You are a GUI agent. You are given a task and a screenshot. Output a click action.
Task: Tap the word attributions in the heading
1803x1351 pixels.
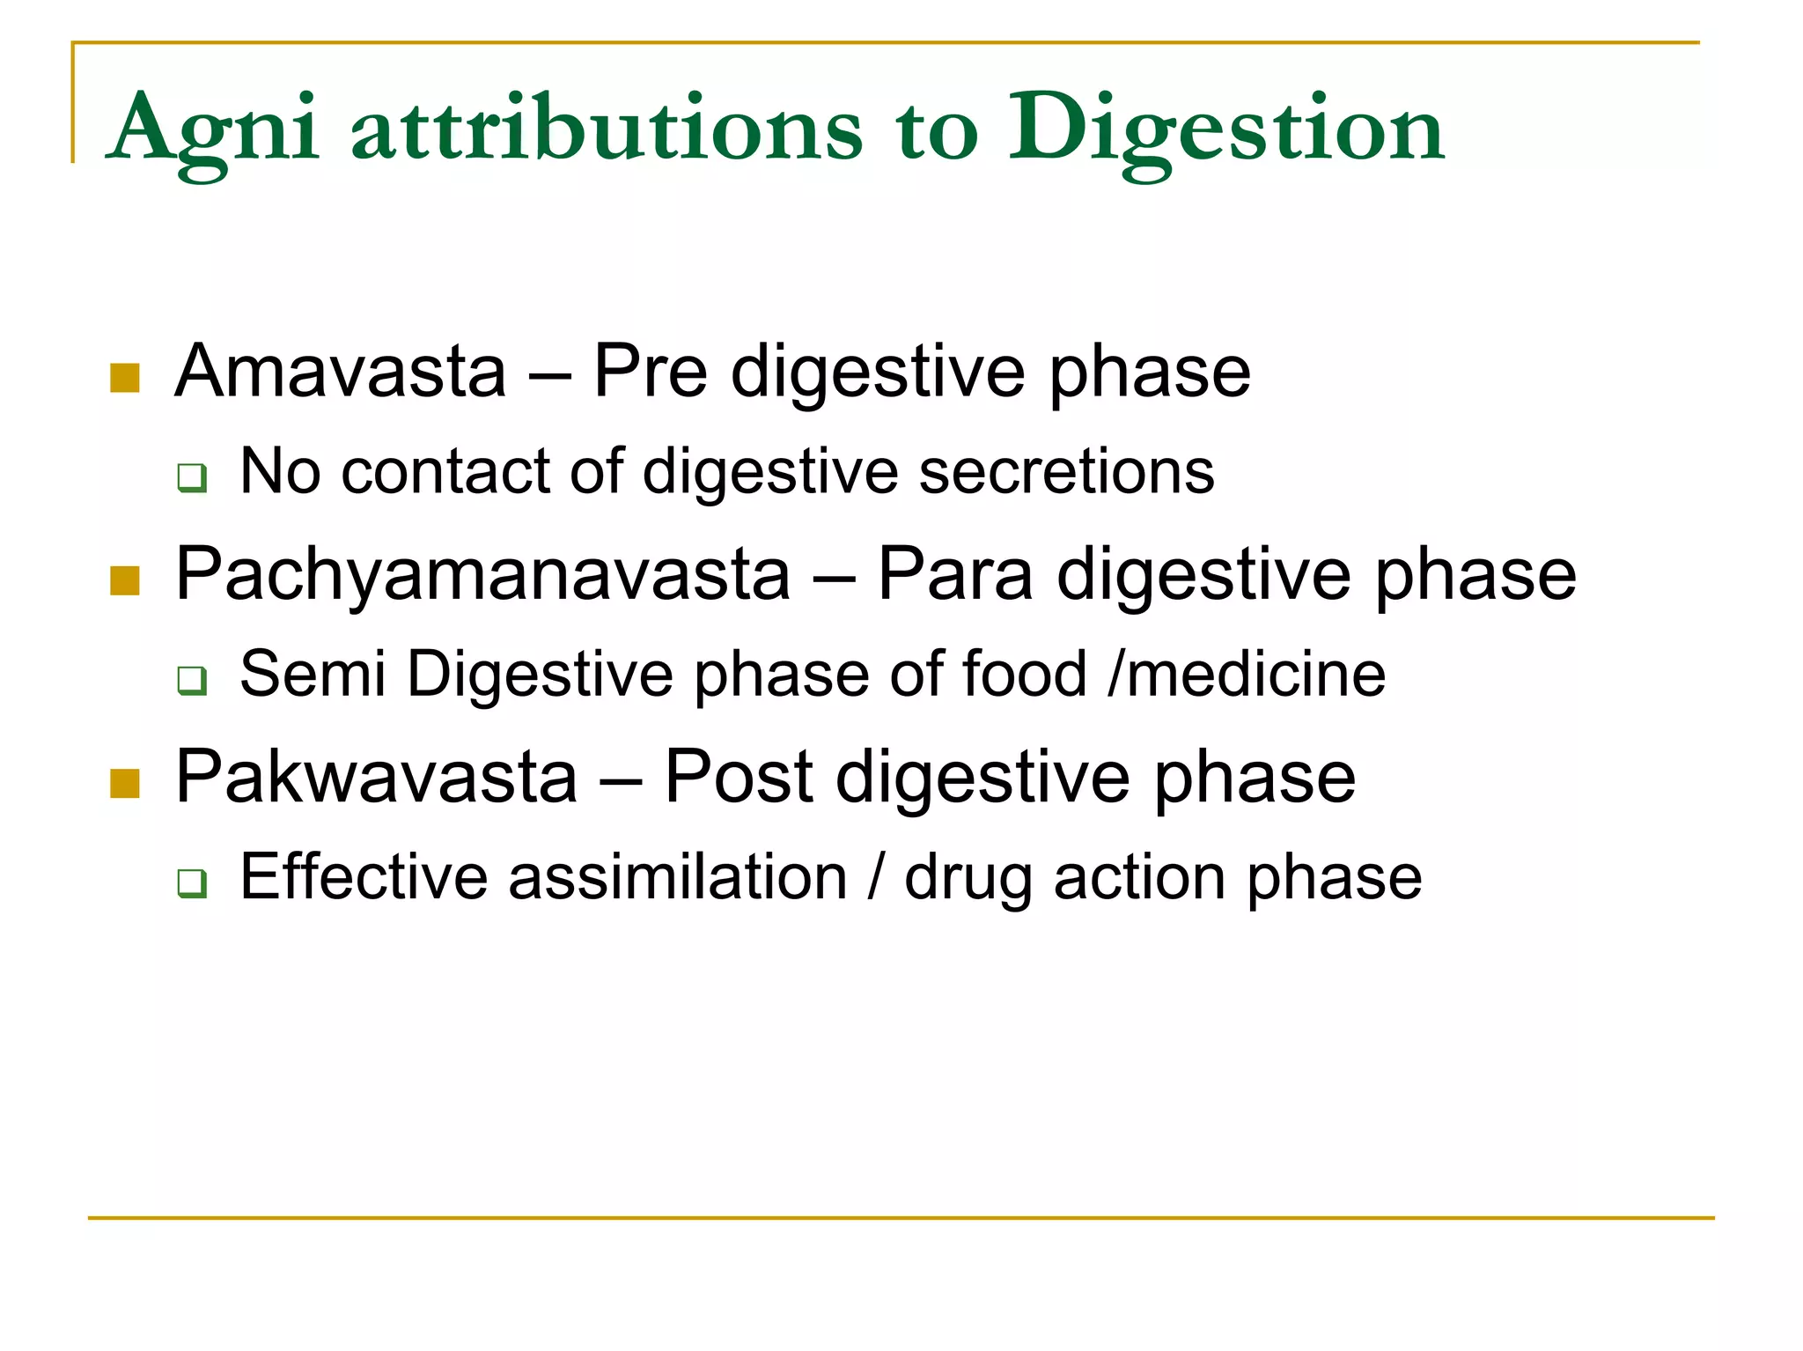[x=607, y=130]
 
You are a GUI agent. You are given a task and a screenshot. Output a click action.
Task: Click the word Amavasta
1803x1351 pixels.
[x=341, y=372]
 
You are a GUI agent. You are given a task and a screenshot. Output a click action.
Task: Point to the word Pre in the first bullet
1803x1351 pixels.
[x=651, y=372]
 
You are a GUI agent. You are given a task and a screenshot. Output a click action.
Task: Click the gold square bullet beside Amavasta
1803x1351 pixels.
[x=125, y=378]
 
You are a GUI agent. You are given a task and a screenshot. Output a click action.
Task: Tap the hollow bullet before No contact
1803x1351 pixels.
[x=192, y=477]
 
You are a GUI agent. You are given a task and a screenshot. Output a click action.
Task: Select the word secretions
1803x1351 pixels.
[x=1066, y=472]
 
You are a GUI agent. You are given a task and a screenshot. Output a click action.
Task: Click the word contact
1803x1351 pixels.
[x=446, y=472]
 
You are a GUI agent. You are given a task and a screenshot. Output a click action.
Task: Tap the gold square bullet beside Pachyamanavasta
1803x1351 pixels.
[x=125, y=581]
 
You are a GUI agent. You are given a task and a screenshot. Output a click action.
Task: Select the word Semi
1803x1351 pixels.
[x=313, y=675]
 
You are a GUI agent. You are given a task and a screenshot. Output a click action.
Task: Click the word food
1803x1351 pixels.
[x=1025, y=675]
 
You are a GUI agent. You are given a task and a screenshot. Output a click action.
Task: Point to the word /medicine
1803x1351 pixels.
[x=1247, y=675]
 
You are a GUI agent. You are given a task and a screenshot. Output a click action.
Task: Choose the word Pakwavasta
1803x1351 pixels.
[x=376, y=778]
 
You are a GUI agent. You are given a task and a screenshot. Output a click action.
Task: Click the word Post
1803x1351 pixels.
[x=738, y=778]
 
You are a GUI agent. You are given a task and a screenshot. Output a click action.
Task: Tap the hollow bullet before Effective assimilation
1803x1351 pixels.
[x=192, y=882]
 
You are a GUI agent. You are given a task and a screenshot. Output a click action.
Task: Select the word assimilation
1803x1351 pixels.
[x=678, y=877]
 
